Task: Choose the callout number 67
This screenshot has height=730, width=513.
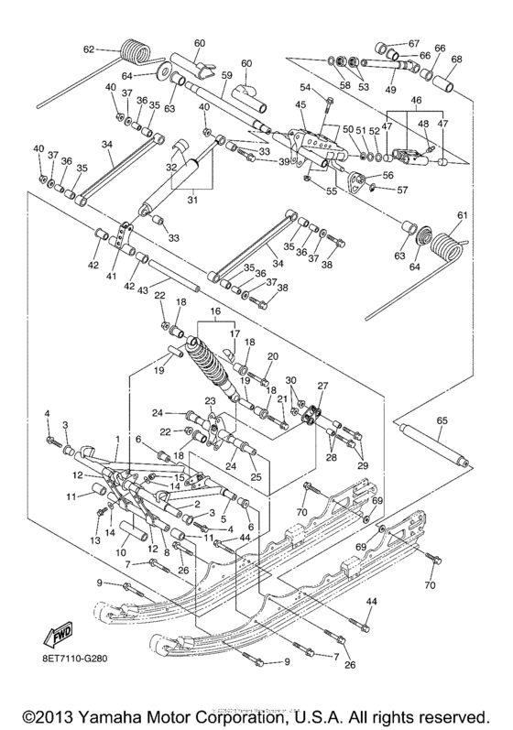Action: [413, 44]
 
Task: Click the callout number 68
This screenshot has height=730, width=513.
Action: [455, 60]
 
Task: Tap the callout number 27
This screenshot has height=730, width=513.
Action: [322, 387]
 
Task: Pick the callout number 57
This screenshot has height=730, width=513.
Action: [400, 190]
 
